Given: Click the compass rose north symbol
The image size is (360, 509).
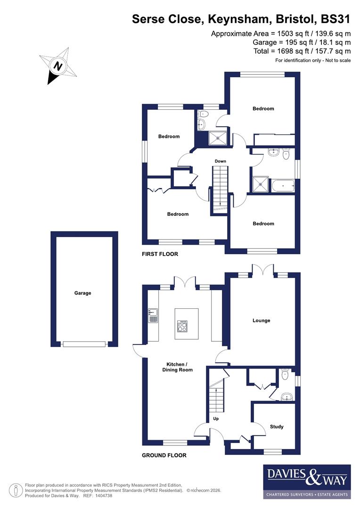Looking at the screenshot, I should (x=58, y=67).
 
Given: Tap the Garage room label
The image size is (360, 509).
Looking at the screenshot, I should (x=82, y=293).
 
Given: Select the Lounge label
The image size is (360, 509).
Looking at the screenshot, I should (x=262, y=320).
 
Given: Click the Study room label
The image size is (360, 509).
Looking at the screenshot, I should (x=277, y=427).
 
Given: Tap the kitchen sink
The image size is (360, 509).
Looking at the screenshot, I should (x=153, y=315).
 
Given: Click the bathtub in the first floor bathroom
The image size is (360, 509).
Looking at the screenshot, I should (x=283, y=186).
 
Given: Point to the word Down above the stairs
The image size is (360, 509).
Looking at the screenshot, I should (x=221, y=161).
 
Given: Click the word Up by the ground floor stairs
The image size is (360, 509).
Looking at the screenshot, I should (x=216, y=419).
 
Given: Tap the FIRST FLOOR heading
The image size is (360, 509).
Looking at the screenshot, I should (x=160, y=254).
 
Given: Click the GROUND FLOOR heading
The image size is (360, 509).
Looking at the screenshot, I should (x=164, y=456).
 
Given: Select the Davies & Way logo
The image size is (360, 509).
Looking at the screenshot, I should (x=307, y=481).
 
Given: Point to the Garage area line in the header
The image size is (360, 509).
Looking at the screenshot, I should (x=302, y=42).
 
